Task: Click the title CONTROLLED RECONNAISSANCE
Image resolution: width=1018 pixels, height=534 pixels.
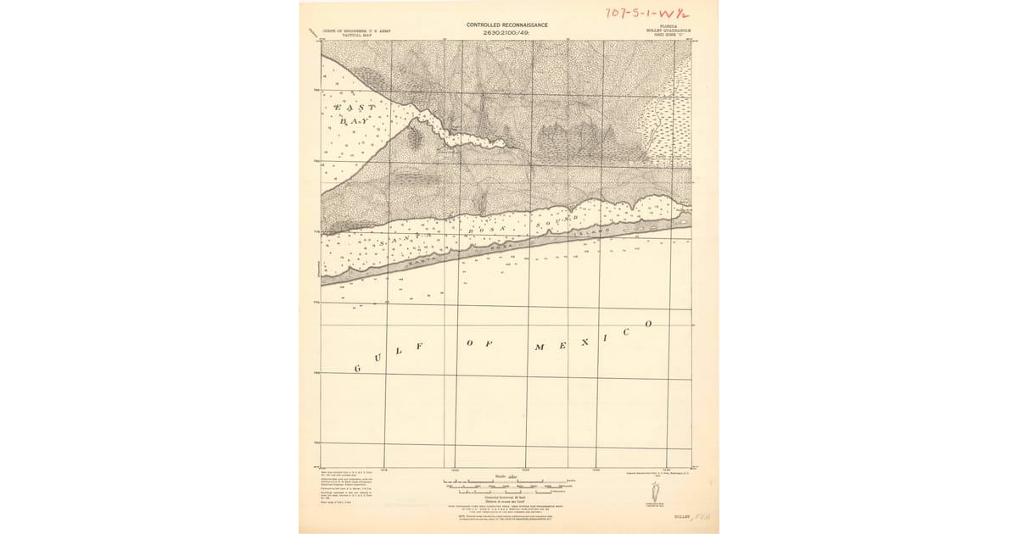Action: click(508, 25)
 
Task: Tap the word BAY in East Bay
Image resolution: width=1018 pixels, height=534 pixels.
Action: click(354, 122)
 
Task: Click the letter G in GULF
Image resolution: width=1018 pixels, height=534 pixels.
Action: click(357, 369)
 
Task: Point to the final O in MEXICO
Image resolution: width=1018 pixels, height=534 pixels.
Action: click(649, 324)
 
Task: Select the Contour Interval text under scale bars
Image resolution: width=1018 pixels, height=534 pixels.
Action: click(507, 498)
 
